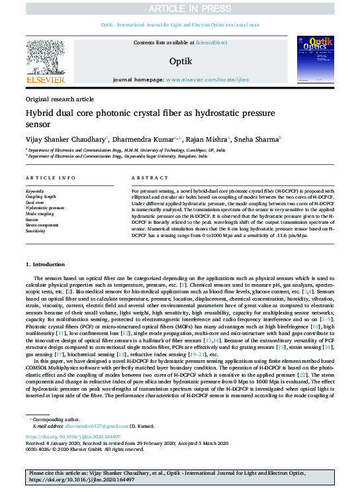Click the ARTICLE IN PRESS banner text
[x=180, y=8]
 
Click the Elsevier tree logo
[x=46, y=64]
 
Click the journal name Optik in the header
[x=180, y=60]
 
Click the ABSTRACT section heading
[x=146, y=179]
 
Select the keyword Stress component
[x=43, y=226]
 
